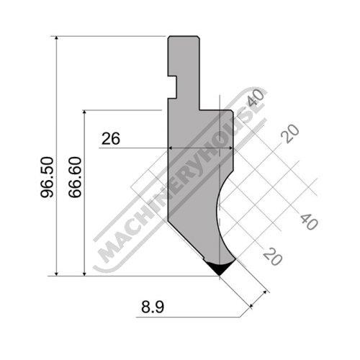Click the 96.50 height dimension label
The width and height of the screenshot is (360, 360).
tap(47, 177)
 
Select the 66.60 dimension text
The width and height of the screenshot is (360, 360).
tap(75, 177)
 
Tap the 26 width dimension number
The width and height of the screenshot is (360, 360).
tap(111, 139)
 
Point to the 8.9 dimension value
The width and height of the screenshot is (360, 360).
tap(153, 307)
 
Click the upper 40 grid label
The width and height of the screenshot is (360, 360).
tap(256, 97)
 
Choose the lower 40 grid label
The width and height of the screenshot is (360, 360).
tap(310, 222)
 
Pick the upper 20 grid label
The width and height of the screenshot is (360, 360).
tap(290, 133)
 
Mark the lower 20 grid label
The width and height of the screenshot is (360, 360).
tap(272, 256)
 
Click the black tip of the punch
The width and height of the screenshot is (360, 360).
tap(220, 269)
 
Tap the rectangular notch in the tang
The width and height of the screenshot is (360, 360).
tap(172, 87)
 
